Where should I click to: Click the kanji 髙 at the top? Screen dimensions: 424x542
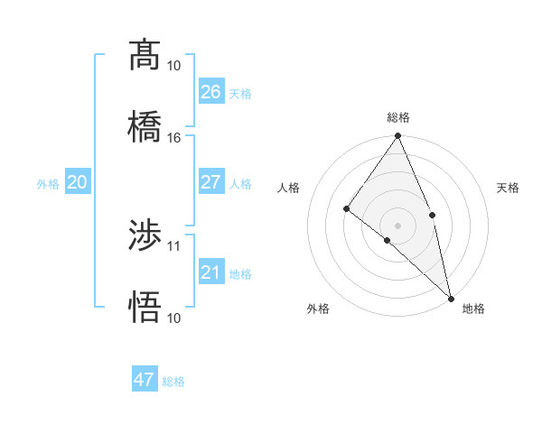point(145,55)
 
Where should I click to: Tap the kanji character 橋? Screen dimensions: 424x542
point(145,126)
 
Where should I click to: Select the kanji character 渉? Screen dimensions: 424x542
point(145,235)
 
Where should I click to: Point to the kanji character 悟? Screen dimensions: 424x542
point(145,307)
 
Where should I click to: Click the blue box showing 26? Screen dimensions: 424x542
point(211,92)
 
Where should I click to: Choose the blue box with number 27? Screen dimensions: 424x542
point(211,182)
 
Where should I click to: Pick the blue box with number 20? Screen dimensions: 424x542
point(78,182)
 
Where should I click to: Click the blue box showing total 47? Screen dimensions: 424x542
point(145,380)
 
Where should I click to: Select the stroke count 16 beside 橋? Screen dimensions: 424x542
point(174,138)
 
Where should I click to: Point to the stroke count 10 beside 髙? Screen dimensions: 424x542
point(174,66)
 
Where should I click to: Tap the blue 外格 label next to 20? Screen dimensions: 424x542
point(48,184)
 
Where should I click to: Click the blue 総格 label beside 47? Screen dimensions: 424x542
point(173,382)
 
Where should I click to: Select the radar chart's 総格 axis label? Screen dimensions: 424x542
point(398,117)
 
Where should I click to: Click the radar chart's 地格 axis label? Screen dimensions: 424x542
point(473,309)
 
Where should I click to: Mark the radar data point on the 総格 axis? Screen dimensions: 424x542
point(398,136)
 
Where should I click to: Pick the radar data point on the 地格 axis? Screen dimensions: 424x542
point(451,298)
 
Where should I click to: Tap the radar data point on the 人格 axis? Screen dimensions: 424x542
point(347,209)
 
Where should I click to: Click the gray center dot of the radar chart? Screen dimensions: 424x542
point(398,225)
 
